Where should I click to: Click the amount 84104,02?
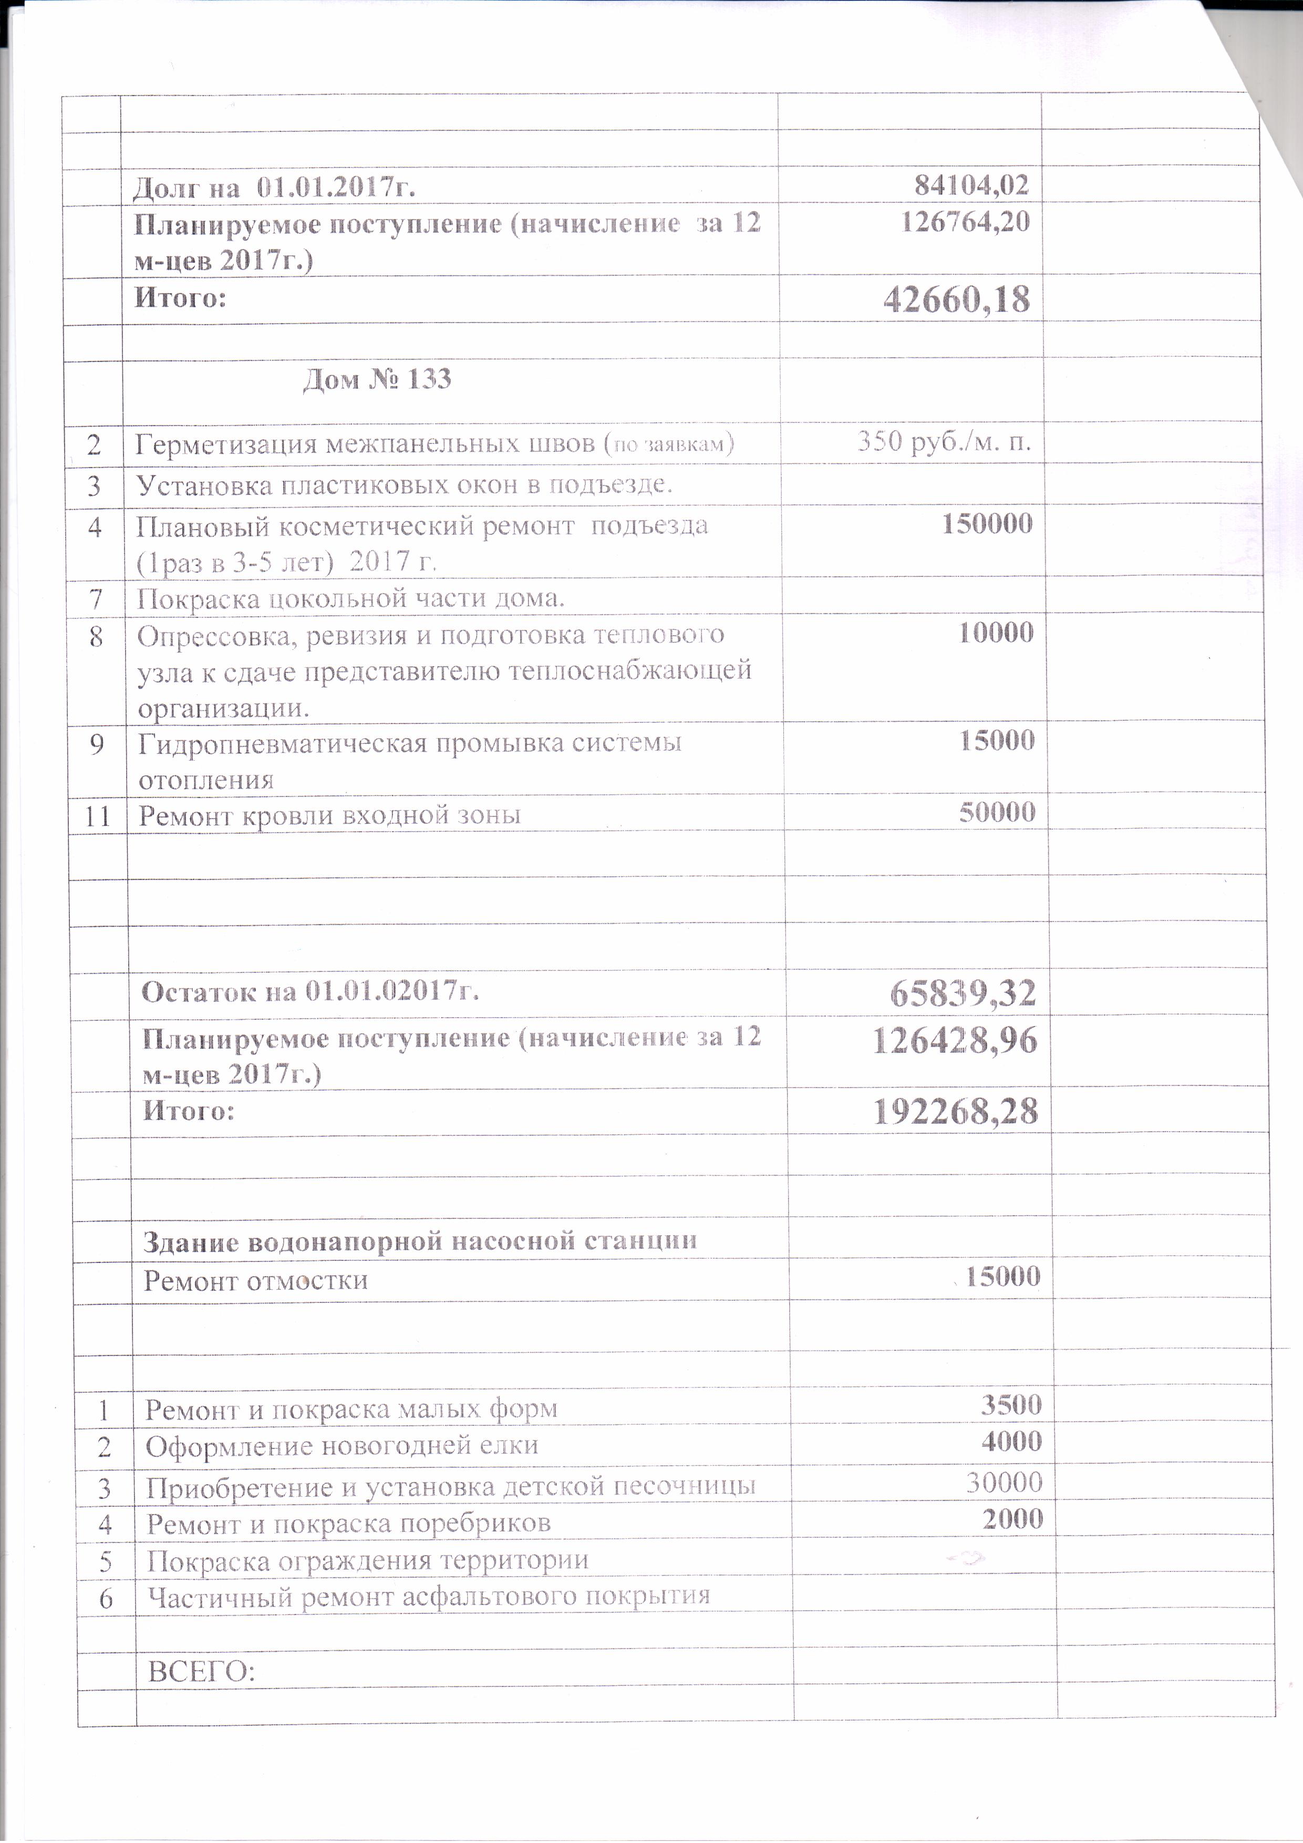pos(971,186)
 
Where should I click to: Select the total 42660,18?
pos(956,299)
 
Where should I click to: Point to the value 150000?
pos(987,524)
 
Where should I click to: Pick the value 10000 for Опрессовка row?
pos(996,633)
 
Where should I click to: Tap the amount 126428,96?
pos(955,1040)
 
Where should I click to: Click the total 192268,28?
pos(955,1112)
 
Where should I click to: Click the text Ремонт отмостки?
pos(255,1280)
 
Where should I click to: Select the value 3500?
pos(1011,1405)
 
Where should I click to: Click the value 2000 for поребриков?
pos(1012,1519)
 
